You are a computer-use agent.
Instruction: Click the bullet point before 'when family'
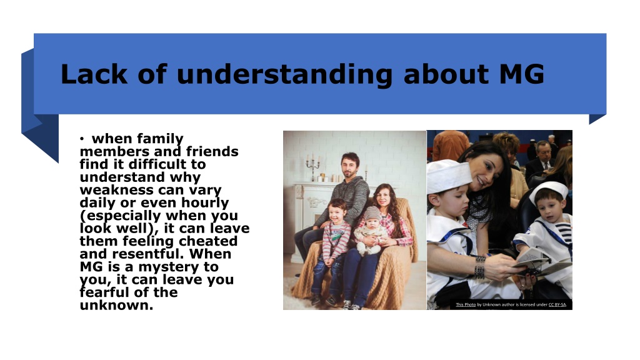click(82, 139)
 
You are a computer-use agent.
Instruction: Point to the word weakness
click(113, 190)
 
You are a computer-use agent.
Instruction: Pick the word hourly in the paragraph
click(204, 203)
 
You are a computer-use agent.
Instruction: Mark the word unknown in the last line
click(116, 305)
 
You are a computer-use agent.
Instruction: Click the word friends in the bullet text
click(212, 151)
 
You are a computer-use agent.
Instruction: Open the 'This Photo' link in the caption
click(466, 304)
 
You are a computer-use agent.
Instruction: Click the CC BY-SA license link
click(557, 304)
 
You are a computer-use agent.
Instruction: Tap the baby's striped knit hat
click(372, 213)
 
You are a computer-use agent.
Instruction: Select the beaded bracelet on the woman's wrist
click(480, 267)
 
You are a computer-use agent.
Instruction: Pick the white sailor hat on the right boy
click(549, 191)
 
